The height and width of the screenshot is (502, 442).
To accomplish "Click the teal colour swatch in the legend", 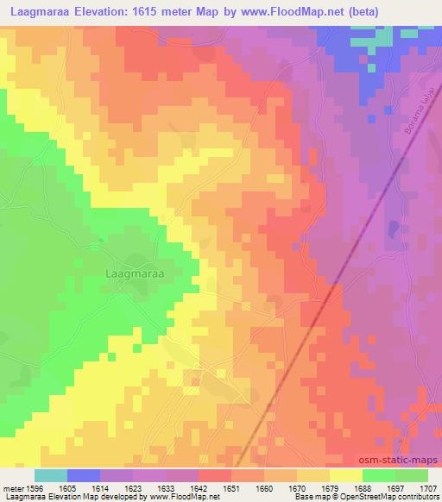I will click(x=51, y=475).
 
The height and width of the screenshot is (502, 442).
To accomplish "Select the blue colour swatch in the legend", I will click(x=84, y=475).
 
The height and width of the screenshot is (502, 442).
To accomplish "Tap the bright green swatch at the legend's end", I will click(x=412, y=475).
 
